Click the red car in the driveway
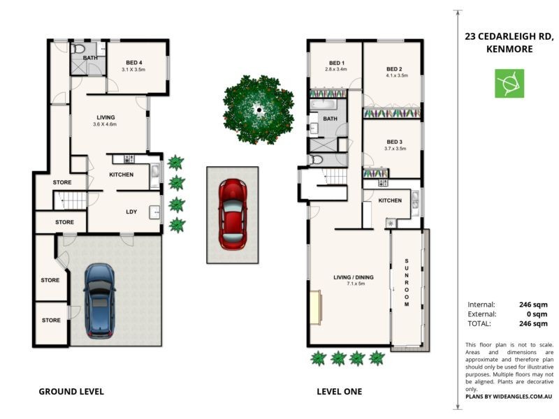click(x=233, y=214)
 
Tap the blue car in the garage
click(x=99, y=301)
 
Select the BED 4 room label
click(x=134, y=63)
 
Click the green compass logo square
click(x=509, y=83)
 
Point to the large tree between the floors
click(x=259, y=110)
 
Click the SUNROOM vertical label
click(x=407, y=283)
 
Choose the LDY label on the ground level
click(x=131, y=212)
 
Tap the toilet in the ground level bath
click(x=78, y=49)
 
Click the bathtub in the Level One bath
click(x=323, y=104)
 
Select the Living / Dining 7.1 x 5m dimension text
click(x=356, y=284)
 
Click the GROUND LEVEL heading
click(x=71, y=392)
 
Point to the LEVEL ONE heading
click(x=340, y=392)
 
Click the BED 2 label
click(x=394, y=69)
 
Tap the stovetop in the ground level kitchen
click(x=129, y=159)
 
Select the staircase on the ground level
click(x=71, y=200)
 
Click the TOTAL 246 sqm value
click(x=533, y=323)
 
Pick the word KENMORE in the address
click(x=509, y=49)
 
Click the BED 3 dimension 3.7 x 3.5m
click(x=395, y=149)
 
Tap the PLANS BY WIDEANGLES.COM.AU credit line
click(x=509, y=397)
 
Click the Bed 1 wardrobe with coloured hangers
click(x=328, y=94)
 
